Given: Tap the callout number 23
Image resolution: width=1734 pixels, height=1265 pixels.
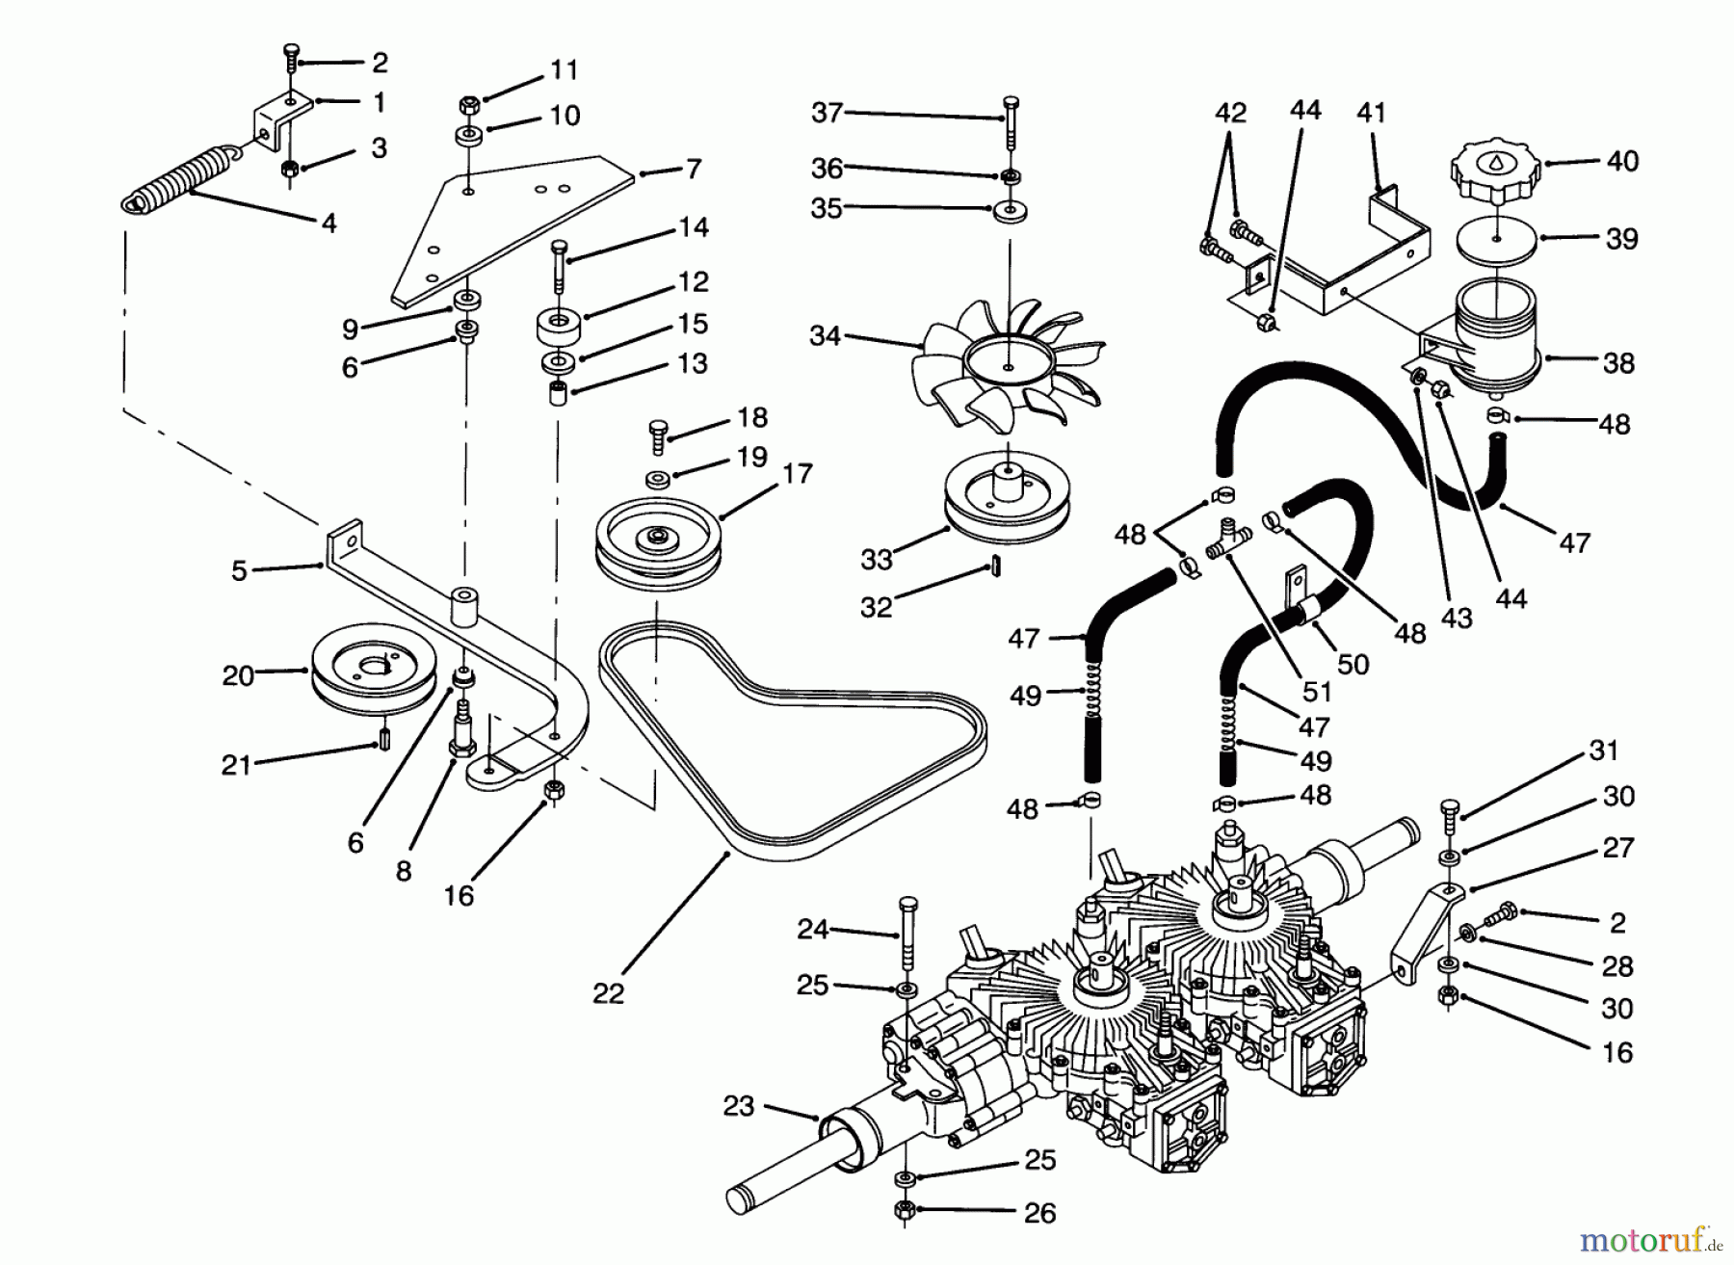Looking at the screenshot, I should tap(738, 1106).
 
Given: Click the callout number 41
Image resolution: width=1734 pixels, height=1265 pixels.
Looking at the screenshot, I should tap(1371, 113).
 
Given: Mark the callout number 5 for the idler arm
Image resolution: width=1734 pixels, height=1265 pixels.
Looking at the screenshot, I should tap(239, 570).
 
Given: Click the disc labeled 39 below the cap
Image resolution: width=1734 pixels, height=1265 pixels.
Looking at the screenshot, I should tap(1496, 238).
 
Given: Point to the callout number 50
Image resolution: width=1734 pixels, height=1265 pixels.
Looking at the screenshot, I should tap(1353, 664).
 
